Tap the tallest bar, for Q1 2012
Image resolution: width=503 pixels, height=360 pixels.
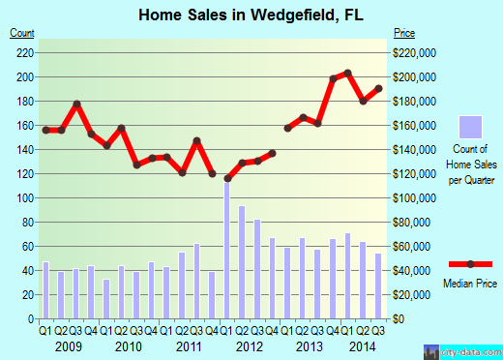click(x=227, y=250)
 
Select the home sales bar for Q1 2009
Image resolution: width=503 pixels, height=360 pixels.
click(x=45, y=290)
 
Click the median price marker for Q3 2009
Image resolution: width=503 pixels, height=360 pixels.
click(x=76, y=105)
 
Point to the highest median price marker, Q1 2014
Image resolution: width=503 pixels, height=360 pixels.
click(x=347, y=74)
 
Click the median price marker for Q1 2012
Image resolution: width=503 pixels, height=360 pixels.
click(x=227, y=178)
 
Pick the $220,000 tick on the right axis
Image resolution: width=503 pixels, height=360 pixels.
click(x=414, y=52)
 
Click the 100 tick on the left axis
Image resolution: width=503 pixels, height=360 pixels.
click(x=27, y=197)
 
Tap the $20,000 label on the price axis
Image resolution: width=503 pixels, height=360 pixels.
click(x=412, y=294)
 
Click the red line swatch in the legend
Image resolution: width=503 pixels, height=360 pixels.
click(x=470, y=264)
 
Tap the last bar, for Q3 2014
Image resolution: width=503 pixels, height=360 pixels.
click(x=378, y=285)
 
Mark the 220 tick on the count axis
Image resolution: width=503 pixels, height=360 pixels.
click(x=27, y=52)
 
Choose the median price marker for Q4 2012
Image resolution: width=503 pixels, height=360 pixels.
click(x=273, y=153)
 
